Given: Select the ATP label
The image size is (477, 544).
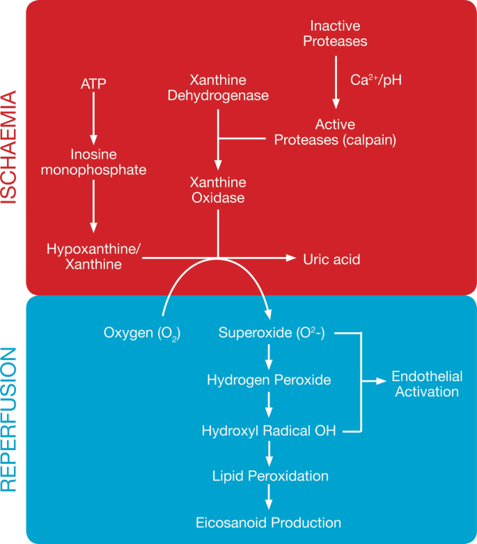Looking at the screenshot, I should [x=94, y=84].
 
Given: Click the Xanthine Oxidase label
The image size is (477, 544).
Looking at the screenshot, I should [x=218, y=190].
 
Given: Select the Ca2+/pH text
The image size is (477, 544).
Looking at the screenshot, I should [x=376, y=79].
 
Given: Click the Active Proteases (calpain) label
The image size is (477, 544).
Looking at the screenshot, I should [x=335, y=132].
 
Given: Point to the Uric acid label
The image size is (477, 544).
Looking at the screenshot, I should [x=331, y=259].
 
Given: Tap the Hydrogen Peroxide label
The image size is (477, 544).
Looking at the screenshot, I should [x=269, y=380].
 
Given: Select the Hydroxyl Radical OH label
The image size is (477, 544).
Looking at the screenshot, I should [x=269, y=431].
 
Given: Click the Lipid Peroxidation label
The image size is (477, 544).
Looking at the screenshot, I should [x=270, y=476].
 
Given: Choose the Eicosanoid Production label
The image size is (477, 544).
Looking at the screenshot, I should [x=268, y=522].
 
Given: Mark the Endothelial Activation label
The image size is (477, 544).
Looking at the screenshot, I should [x=427, y=384].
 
